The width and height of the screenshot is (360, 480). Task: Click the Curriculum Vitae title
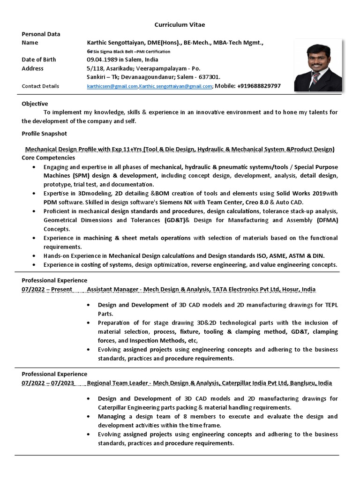pyautogui.click(x=180, y=24)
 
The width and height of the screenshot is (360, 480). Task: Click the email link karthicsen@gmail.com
pyautogui.click(x=112, y=86)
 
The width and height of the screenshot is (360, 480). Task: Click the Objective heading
pyautogui.click(x=35, y=104)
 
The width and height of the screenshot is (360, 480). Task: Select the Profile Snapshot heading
pyautogui.click(x=45, y=134)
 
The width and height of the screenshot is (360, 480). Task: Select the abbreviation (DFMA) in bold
pyautogui.click(x=327, y=220)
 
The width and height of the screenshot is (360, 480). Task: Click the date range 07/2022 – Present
pyautogui.click(x=47, y=289)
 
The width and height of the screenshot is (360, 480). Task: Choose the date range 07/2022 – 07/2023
pyautogui.click(x=48, y=383)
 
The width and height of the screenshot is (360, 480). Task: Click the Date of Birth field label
pyautogui.click(x=39, y=60)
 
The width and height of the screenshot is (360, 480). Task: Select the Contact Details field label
pyautogui.click(x=41, y=86)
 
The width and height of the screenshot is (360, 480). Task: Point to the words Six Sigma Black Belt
pyautogui.click(x=113, y=52)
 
